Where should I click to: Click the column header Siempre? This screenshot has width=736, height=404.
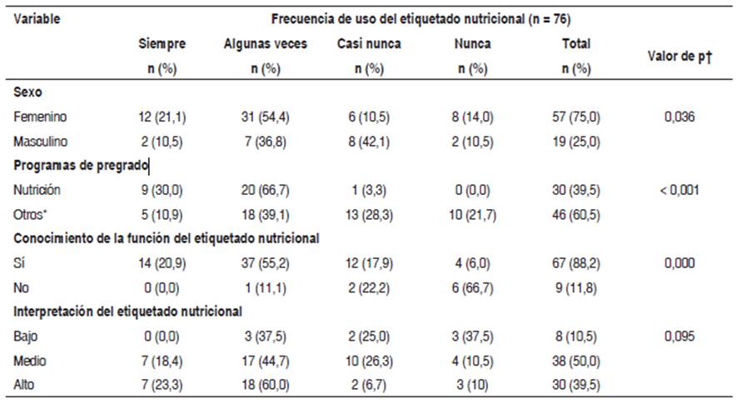pyautogui.click(x=162, y=44)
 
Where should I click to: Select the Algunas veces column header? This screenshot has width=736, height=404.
pyautogui.click(x=266, y=44)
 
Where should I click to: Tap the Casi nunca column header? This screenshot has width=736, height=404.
pyautogui.click(x=368, y=44)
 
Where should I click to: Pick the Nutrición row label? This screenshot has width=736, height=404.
pyautogui.click(x=37, y=190)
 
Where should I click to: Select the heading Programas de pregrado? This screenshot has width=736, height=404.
pyautogui.click(x=81, y=166)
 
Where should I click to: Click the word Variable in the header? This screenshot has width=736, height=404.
pyautogui.click(x=37, y=17)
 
